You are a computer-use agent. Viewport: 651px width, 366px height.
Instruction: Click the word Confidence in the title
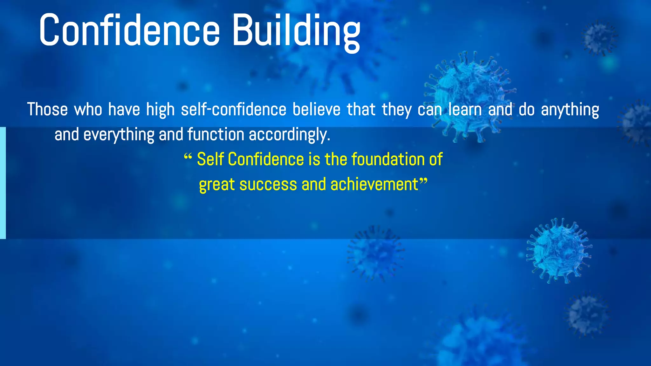129,30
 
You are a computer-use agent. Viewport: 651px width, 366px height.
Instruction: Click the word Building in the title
296,31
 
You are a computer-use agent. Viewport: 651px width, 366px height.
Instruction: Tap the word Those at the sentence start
47,110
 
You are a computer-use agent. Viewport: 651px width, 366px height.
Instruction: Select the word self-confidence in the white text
234,110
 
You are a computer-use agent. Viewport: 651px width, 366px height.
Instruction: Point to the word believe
316,110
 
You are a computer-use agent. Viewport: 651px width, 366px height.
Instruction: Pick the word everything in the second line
119,135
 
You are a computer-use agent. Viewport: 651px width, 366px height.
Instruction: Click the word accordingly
289,135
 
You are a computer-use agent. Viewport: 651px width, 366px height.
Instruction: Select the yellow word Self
210,159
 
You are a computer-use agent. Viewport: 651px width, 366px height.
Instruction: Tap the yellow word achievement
374,185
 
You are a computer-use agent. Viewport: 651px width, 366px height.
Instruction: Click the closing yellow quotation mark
423,182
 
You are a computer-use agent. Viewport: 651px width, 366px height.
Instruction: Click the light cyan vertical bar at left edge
3,183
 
